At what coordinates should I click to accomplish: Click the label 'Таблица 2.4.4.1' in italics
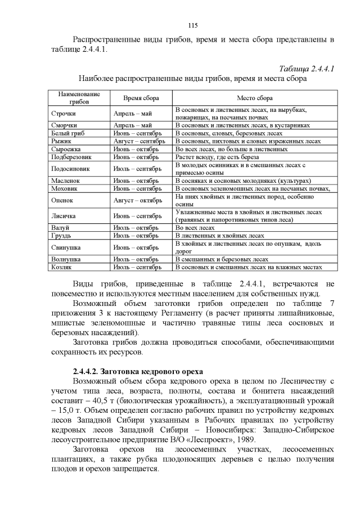[x=305, y=69]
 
